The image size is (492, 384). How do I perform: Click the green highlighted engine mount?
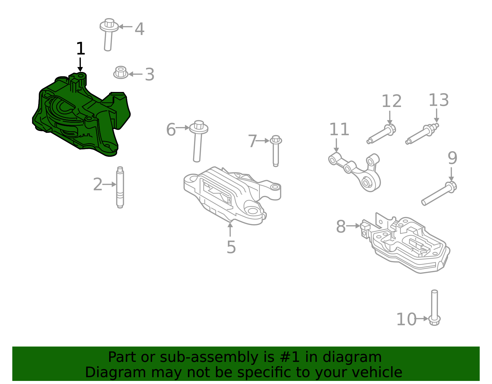[x=80, y=117]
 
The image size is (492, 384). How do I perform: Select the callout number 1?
[x=80, y=49]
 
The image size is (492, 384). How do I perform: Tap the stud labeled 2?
[x=120, y=188]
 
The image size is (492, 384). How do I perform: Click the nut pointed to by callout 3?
[x=121, y=73]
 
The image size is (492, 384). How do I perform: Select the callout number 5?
[x=231, y=247]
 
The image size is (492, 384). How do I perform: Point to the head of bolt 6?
[x=199, y=126]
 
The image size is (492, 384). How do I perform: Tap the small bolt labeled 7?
[x=276, y=151]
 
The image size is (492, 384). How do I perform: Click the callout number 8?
[x=340, y=227]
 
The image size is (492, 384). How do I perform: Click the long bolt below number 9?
[x=438, y=194]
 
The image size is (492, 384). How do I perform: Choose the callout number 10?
[x=406, y=319]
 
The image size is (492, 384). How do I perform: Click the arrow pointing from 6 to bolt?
[x=183, y=127]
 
